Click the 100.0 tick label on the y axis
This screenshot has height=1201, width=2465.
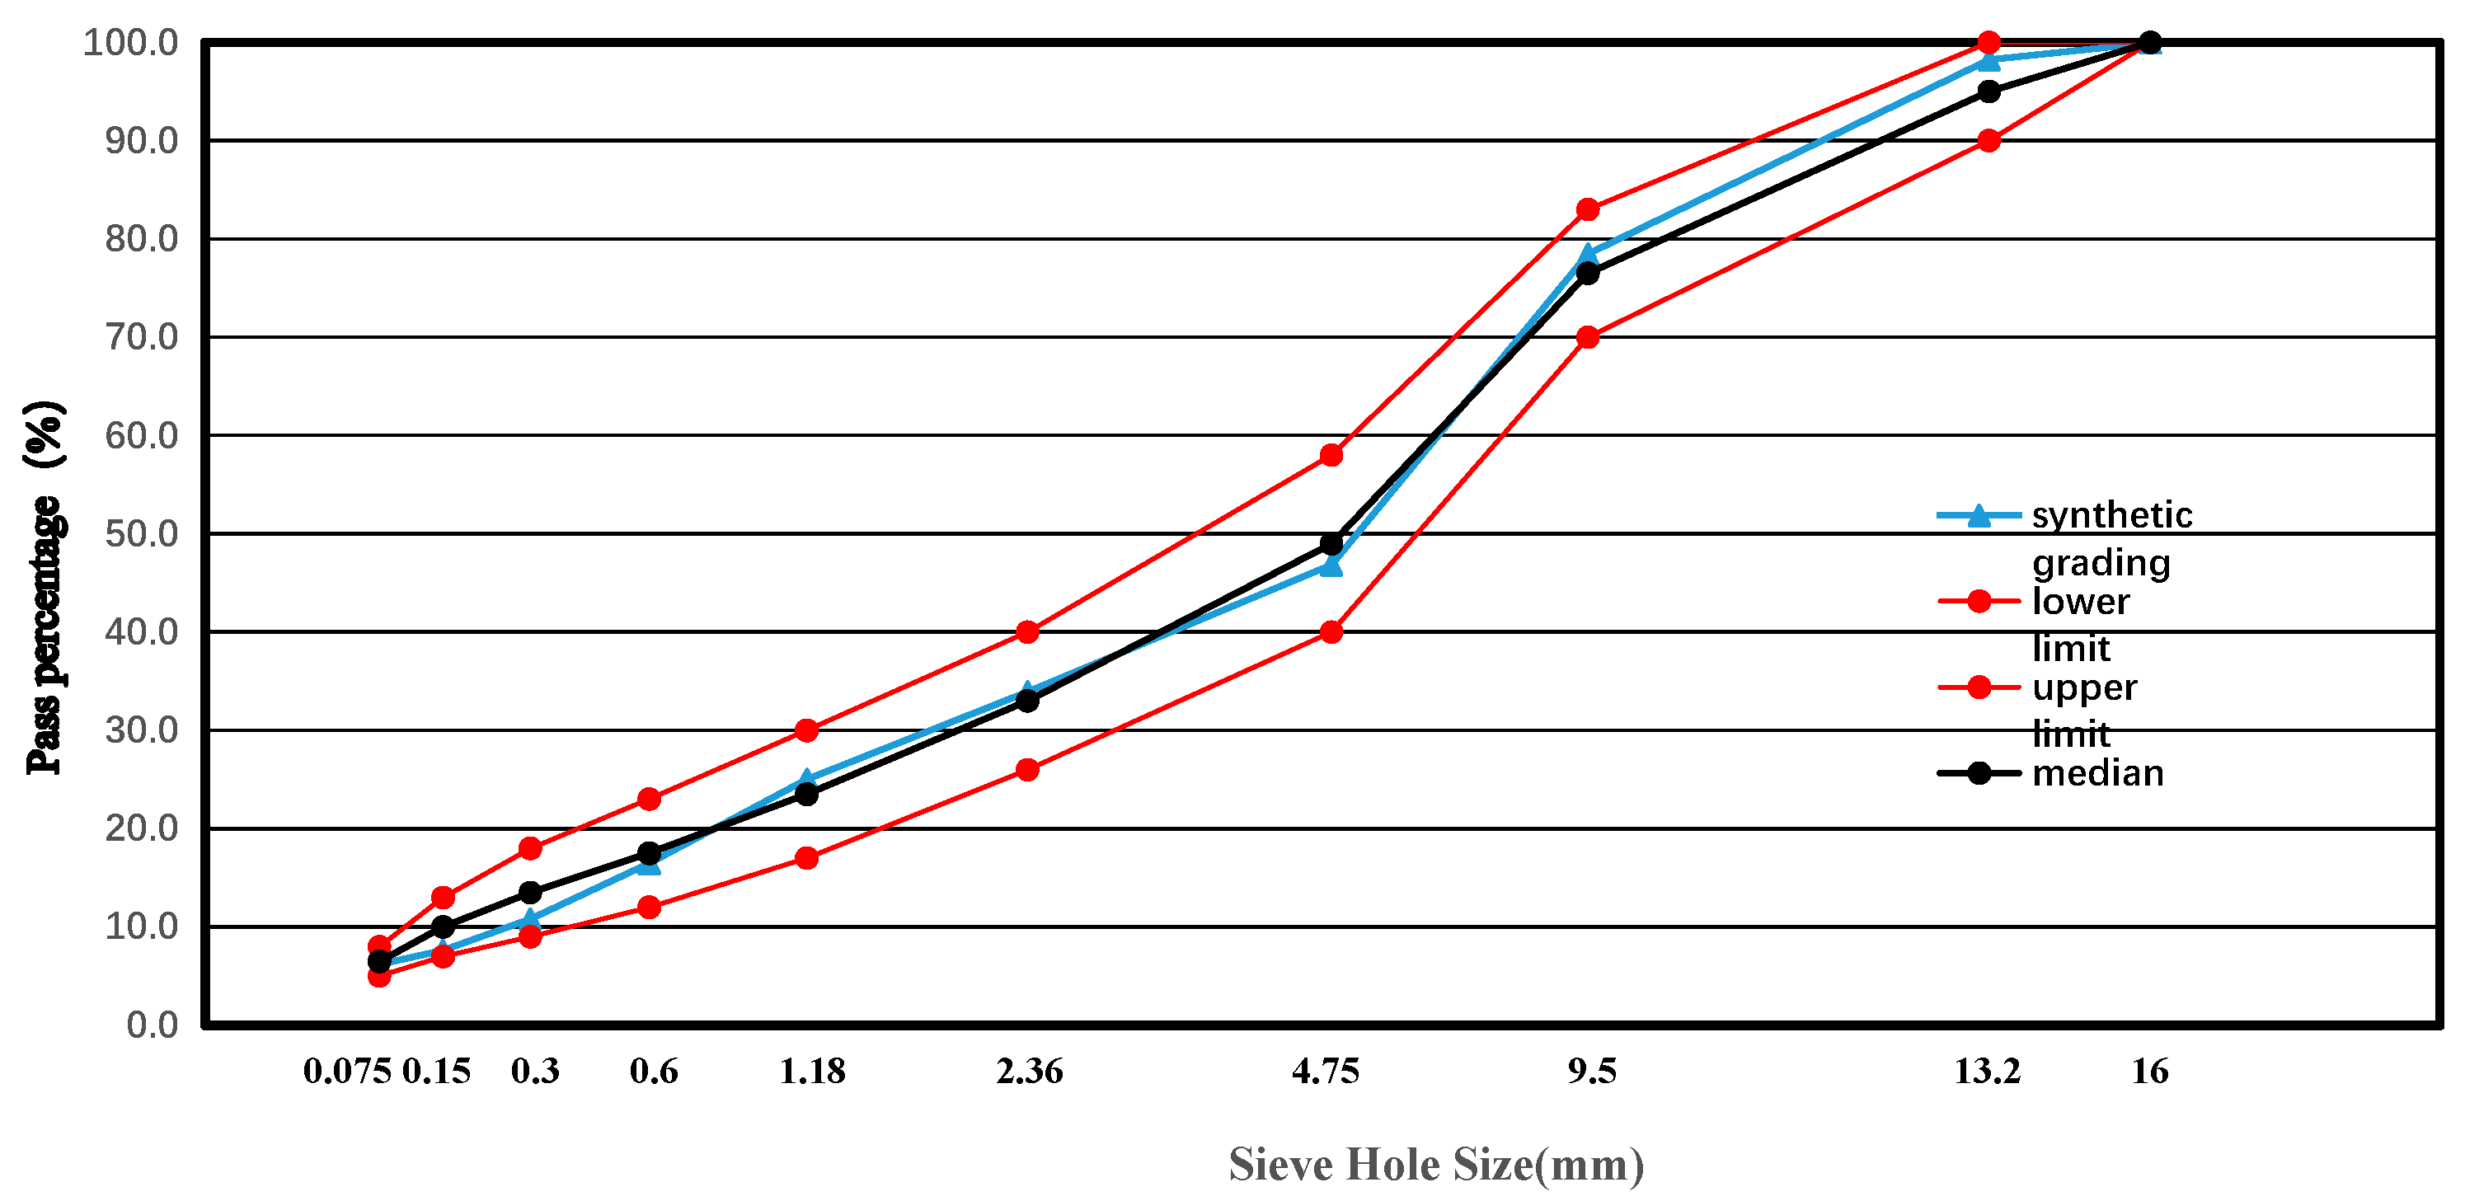tap(130, 43)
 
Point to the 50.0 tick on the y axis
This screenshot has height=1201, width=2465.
tap(141, 534)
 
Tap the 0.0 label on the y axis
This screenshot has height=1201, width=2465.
tap(151, 1025)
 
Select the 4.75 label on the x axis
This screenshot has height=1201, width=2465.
tap(1326, 1071)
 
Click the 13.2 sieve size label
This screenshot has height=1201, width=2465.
tap(1987, 1071)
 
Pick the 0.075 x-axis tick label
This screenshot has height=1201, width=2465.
tap(346, 1071)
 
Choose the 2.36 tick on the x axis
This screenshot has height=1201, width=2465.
tap(1029, 1071)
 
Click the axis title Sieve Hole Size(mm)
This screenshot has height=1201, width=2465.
tap(1435, 1165)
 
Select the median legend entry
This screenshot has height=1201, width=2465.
tap(2096, 773)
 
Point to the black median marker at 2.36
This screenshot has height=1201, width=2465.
tap(1026, 701)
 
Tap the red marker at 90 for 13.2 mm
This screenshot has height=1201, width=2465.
tap(1988, 141)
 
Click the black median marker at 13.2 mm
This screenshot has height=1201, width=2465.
tap(1988, 91)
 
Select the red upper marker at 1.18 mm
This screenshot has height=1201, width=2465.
tap(806, 730)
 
